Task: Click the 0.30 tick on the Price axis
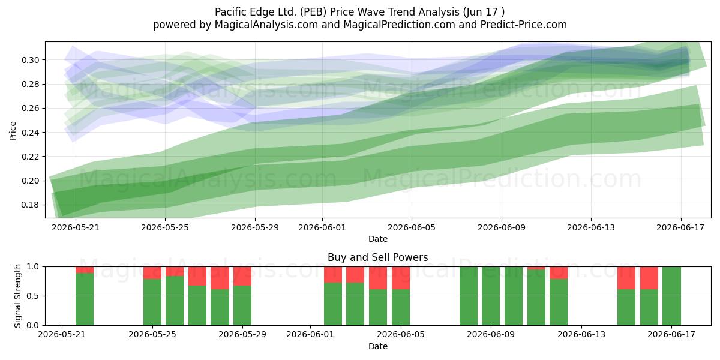point(30,60)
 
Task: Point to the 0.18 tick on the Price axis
point(30,205)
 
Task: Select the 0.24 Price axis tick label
point(30,133)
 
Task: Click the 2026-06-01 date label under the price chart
point(322,227)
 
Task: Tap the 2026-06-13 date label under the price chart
point(591,227)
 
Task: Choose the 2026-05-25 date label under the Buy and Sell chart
point(152,335)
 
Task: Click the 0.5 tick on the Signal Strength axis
point(33,296)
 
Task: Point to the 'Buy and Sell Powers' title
point(377,257)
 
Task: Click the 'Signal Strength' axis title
point(17,296)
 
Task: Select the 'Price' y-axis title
point(13,131)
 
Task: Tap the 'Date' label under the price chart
point(378,239)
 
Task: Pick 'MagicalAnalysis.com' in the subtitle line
point(266,25)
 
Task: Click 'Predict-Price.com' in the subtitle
point(524,25)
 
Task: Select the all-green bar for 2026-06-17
point(671,296)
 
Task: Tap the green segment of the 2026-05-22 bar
point(85,299)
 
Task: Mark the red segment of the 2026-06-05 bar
point(401,278)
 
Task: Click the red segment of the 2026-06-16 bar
point(649,278)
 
